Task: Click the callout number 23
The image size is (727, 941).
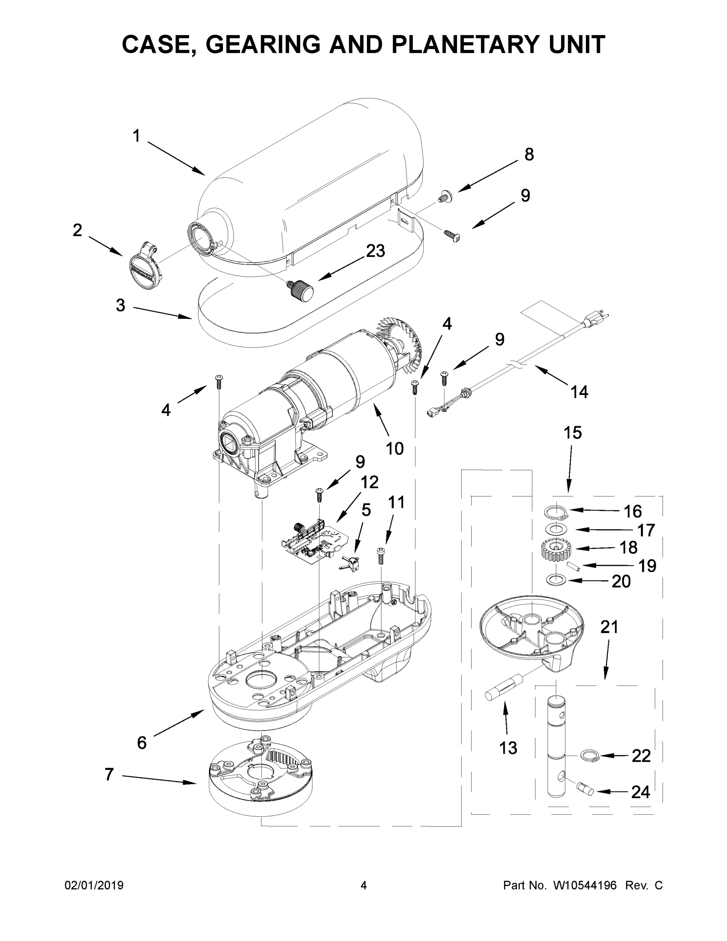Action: click(375, 251)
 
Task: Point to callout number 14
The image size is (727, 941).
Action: click(579, 392)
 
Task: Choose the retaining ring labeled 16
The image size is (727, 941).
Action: click(556, 512)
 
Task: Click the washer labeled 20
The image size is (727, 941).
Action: click(556, 580)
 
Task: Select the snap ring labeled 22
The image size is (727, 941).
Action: click(588, 755)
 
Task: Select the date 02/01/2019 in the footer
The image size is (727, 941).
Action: click(94, 885)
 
